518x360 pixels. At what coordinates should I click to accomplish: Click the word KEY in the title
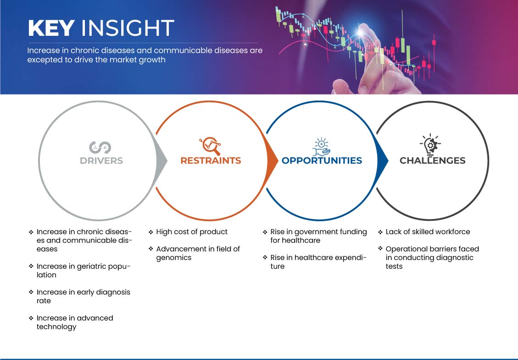[x=51, y=28]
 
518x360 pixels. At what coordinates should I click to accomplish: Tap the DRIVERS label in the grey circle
[x=101, y=161]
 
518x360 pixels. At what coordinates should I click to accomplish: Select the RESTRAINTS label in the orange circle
[x=211, y=161]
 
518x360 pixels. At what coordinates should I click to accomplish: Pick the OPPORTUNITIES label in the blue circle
[x=322, y=161]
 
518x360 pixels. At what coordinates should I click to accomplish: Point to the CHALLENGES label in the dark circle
[x=432, y=161]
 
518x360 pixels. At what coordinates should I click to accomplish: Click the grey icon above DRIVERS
[x=100, y=146]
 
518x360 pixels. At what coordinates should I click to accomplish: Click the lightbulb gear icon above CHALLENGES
[x=430, y=145]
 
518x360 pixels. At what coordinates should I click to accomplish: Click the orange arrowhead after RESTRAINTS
[x=273, y=160]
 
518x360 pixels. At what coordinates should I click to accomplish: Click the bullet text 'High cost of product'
[x=192, y=231]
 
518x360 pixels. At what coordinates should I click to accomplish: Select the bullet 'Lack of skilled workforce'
[x=428, y=231]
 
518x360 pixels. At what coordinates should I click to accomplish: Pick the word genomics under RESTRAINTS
[x=174, y=258]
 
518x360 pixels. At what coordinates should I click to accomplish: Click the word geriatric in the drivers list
[x=88, y=266]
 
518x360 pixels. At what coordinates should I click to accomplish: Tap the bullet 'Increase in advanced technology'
[x=75, y=322]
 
